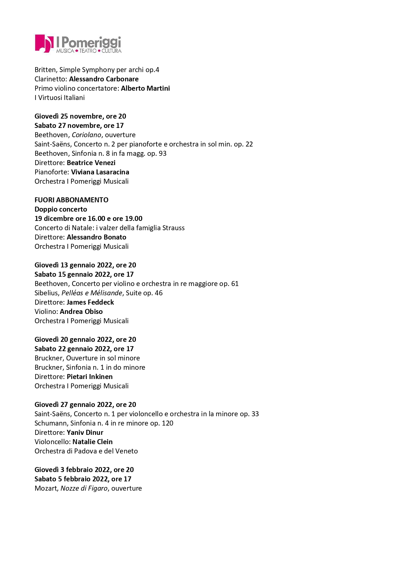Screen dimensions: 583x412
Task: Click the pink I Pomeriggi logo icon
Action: tap(44, 44)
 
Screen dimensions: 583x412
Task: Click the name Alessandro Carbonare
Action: tap(104, 79)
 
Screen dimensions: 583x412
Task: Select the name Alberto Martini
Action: tap(145, 88)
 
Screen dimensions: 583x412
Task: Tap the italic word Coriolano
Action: tap(86, 135)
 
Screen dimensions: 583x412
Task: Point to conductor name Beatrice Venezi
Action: tap(91, 163)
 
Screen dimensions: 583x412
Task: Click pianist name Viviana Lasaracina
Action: tap(100, 172)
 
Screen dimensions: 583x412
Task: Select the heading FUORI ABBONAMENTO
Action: tap(71, 200)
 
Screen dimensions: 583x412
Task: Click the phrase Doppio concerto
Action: tap(61, 209)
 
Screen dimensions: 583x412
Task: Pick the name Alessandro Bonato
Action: tap(96, 237)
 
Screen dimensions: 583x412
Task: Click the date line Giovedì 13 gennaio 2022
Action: tap(85, 265)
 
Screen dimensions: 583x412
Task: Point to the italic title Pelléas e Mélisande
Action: tap(92, 293)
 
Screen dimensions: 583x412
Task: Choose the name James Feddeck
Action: tap(90, 302)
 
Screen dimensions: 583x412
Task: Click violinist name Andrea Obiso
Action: tap(81, 312)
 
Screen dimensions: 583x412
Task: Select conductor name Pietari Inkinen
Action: tap(89, 377)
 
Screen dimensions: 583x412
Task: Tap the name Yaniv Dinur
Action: tap(85, 433)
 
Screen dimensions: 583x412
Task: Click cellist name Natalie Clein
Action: tap(92, 442)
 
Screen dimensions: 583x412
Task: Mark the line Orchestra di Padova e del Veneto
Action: tap(86, 451)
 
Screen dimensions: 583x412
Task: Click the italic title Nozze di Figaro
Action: tap(84, 488)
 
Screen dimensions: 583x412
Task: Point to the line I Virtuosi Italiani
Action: tap(59, 98)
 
